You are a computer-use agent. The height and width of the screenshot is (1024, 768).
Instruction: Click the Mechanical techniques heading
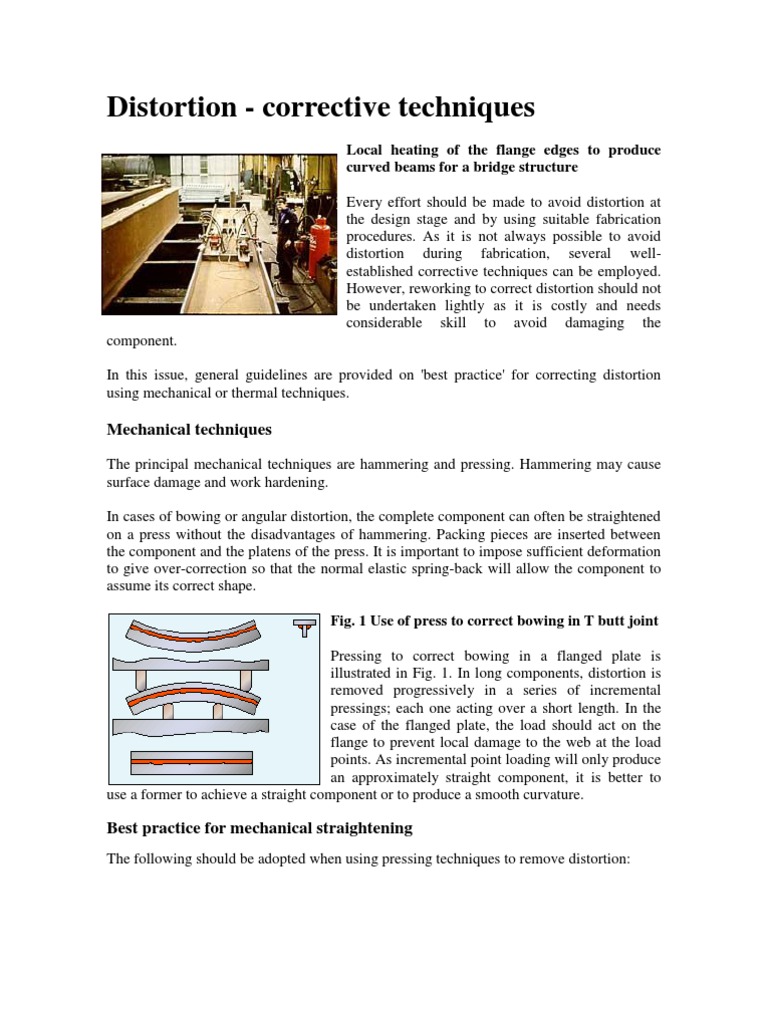coord(189,429)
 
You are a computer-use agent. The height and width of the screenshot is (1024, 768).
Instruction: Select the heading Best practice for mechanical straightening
coord(259,828)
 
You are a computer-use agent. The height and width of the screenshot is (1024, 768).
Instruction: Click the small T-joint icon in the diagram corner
coord(303,627)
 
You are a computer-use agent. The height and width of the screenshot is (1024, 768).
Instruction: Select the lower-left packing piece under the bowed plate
coord(168,711)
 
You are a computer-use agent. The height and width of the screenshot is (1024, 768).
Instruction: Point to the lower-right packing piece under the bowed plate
coord(222,711)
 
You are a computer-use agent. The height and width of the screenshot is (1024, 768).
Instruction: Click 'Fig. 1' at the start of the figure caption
coord(348,621)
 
